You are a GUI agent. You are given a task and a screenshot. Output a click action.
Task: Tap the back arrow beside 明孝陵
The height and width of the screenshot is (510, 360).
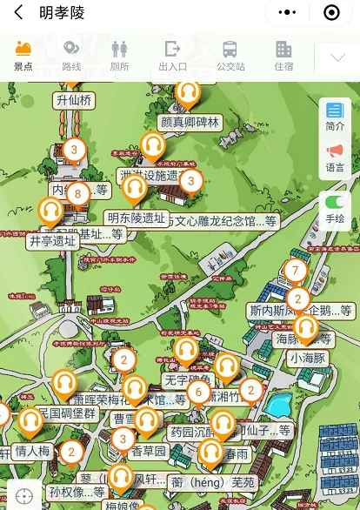tap(17, 13)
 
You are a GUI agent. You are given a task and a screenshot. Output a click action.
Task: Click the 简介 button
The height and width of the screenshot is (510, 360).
tap(335, 116)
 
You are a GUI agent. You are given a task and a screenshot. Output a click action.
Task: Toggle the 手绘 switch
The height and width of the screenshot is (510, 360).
tap(335, 209)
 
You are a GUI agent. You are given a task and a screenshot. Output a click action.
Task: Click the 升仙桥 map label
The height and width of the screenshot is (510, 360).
tap(74, 100)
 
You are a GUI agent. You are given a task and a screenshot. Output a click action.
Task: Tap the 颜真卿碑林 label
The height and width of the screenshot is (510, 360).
tap(190, 122)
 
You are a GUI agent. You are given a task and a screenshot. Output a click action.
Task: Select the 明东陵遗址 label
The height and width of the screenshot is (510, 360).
tap(136, 218)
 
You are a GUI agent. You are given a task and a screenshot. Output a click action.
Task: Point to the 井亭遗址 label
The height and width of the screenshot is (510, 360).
tap(52, 240)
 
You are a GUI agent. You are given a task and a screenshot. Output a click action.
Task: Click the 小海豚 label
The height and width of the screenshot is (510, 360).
tap(308, 357)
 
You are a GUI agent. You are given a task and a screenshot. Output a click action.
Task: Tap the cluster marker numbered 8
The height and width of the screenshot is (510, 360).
tap(78, 193)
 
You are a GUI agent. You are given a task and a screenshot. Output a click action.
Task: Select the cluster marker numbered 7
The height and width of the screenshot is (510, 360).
tap(296, 271)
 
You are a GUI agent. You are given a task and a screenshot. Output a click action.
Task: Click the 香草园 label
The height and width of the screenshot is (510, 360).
tap(148, 451)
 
